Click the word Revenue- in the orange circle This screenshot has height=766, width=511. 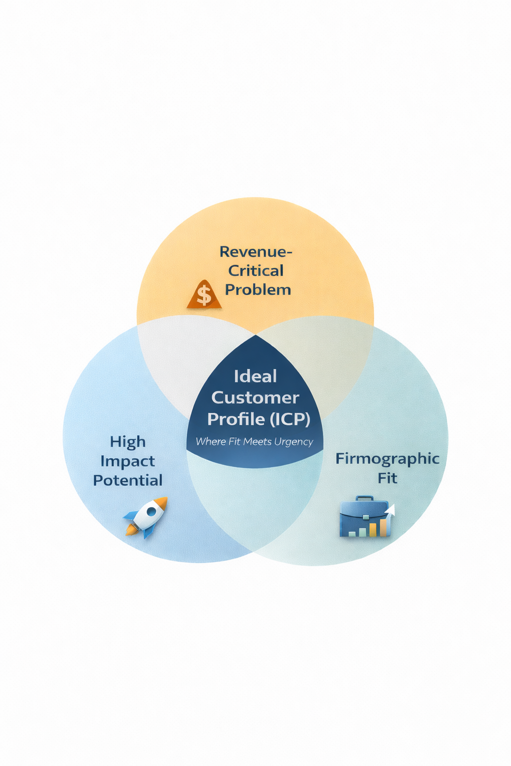pos(255,252)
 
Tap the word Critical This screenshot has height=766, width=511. pos(256,271)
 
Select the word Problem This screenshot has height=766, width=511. pos(258,290)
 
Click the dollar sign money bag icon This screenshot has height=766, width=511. pos(204,295)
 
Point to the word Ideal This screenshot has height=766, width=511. pos(255,377)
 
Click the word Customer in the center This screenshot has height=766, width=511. pos(255,398)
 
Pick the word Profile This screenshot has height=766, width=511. pos(236,419)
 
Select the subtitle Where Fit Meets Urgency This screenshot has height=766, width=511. pos(255,442)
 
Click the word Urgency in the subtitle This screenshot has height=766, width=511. pos(294,442)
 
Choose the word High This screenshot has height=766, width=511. pos(128,442)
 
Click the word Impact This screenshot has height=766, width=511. pos(128,461)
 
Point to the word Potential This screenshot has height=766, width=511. pos(128,480)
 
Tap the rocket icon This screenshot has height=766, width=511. pos(146,517)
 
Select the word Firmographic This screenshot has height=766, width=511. pos(387,459)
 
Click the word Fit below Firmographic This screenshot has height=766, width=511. pos(387,478)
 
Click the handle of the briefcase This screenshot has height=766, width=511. pos(364,499)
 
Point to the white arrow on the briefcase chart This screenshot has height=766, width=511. pos(390,510)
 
